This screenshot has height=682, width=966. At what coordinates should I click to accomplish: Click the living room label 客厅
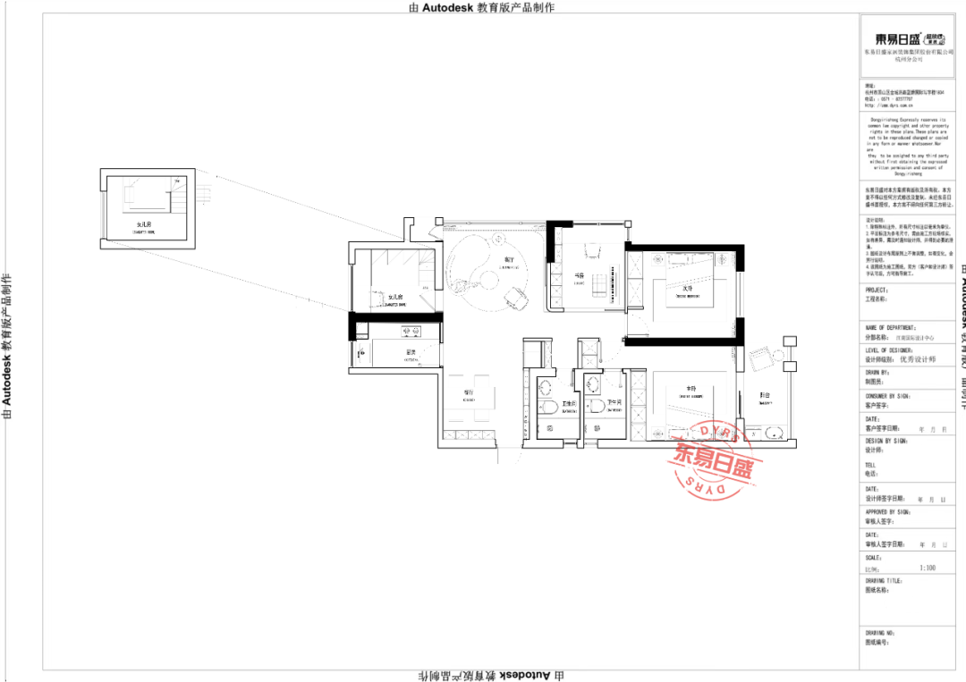484,260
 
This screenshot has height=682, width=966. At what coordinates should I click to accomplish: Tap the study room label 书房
580,275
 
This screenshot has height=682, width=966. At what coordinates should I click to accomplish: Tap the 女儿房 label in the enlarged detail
144,224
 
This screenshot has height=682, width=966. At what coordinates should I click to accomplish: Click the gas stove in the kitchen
361,354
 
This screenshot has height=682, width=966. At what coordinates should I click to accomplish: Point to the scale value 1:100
928,568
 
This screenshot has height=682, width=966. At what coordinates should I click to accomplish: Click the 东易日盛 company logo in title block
903,39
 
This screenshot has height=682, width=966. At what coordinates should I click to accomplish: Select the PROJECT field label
877,290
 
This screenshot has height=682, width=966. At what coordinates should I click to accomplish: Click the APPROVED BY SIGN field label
887,512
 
